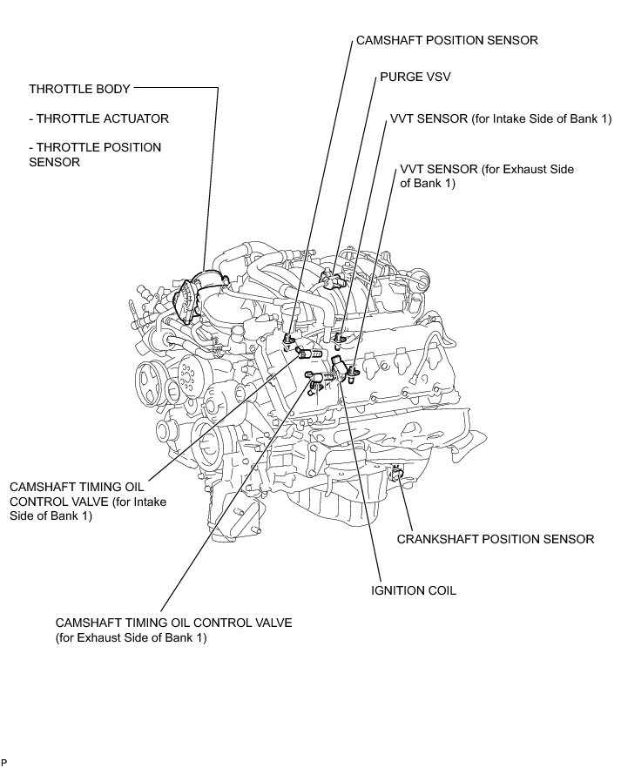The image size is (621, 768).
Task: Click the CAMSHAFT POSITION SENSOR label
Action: click(x=446, y=40)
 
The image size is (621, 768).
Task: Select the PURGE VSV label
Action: click(x=414, y=77)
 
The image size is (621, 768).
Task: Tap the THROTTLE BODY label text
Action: click(x=79, y=89)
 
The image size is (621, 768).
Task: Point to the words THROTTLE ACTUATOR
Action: click(x=98, y=118)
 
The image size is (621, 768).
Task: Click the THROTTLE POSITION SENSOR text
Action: click(x=95, y=154)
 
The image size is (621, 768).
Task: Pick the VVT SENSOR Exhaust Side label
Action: click(x=487, y=176)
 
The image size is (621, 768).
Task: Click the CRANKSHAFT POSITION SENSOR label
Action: click(x=496, y=539)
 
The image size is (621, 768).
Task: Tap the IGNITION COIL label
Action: click(x=414, y=590)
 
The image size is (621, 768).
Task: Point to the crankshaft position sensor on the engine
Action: click(x=397, y=475)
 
